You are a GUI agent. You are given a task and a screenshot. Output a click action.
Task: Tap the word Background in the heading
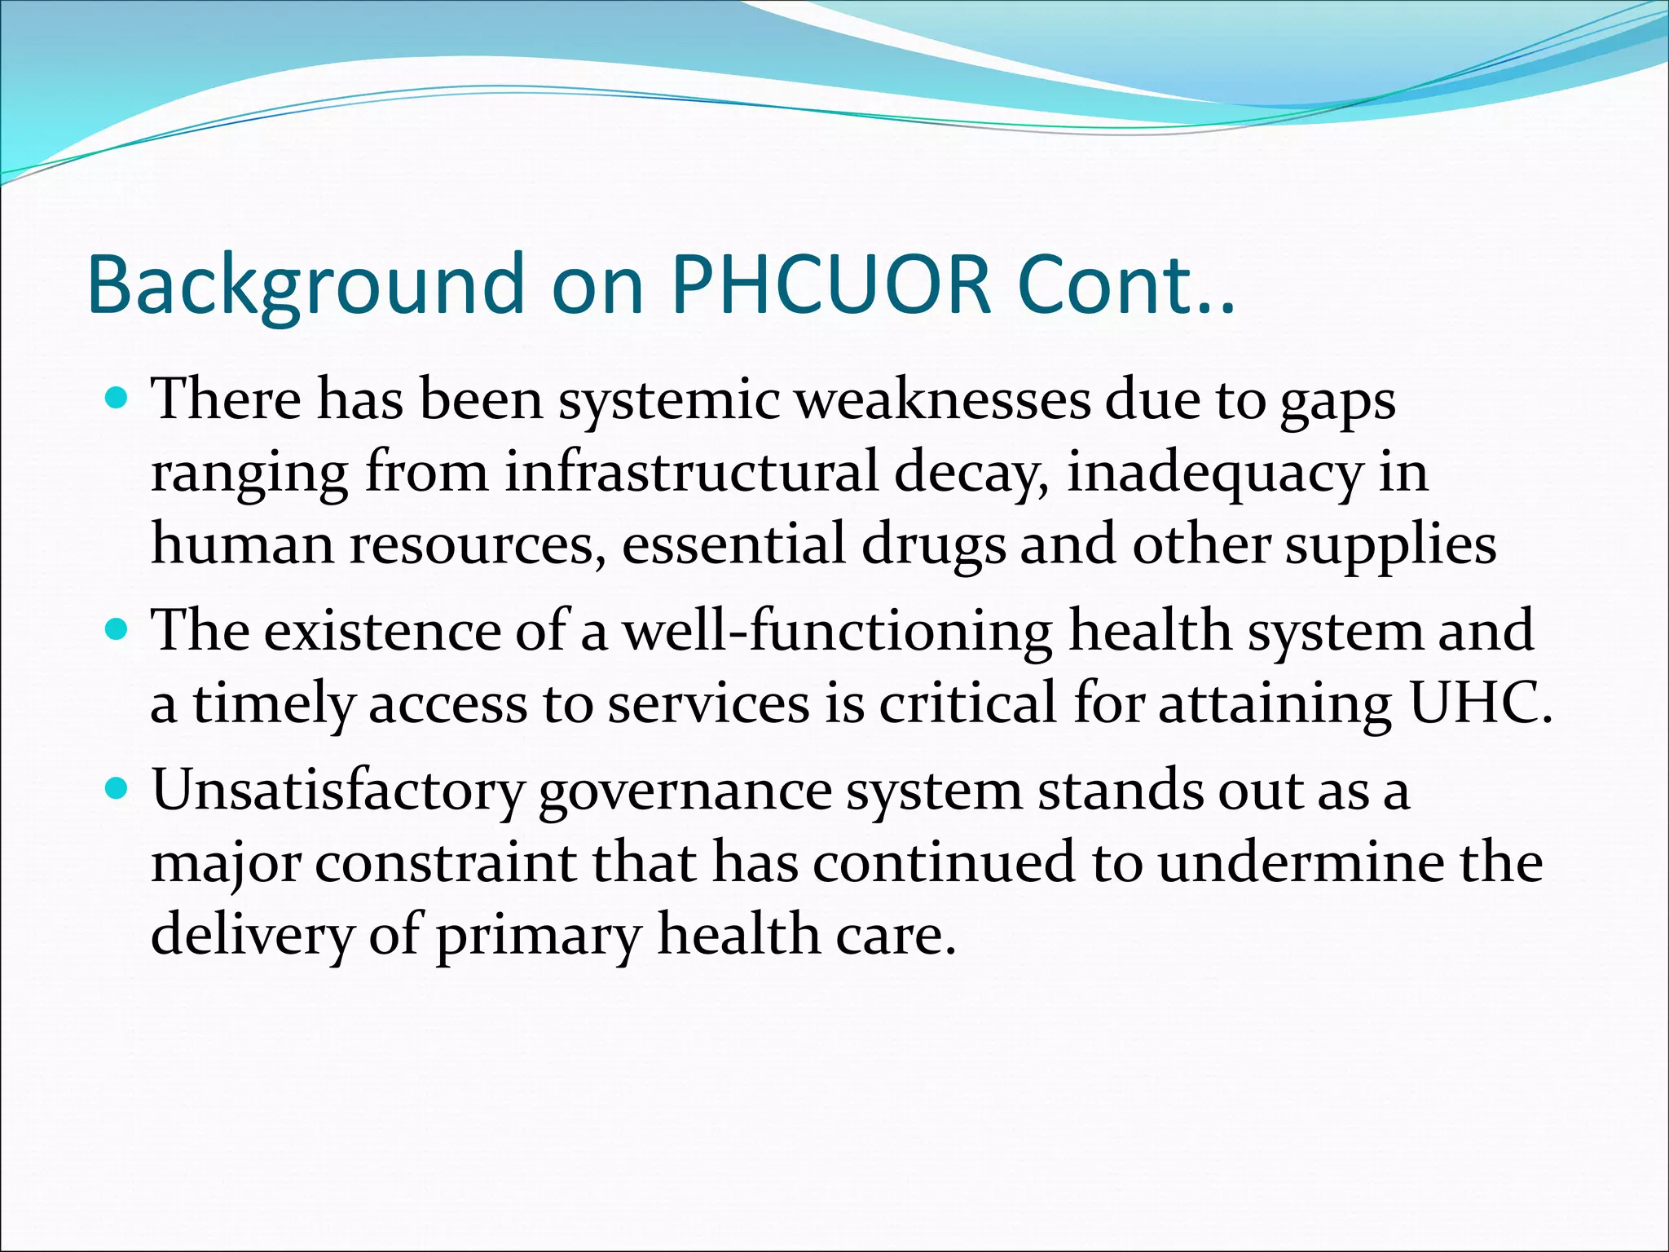tap(305, 285)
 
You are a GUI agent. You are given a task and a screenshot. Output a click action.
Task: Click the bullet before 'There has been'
tap(117, 399)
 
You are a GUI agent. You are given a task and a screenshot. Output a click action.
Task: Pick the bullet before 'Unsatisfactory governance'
tap(117, 789)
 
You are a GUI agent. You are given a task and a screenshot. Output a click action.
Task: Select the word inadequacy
tap(1214, 473)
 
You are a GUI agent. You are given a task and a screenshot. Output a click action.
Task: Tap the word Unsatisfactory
tap(338, 791)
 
